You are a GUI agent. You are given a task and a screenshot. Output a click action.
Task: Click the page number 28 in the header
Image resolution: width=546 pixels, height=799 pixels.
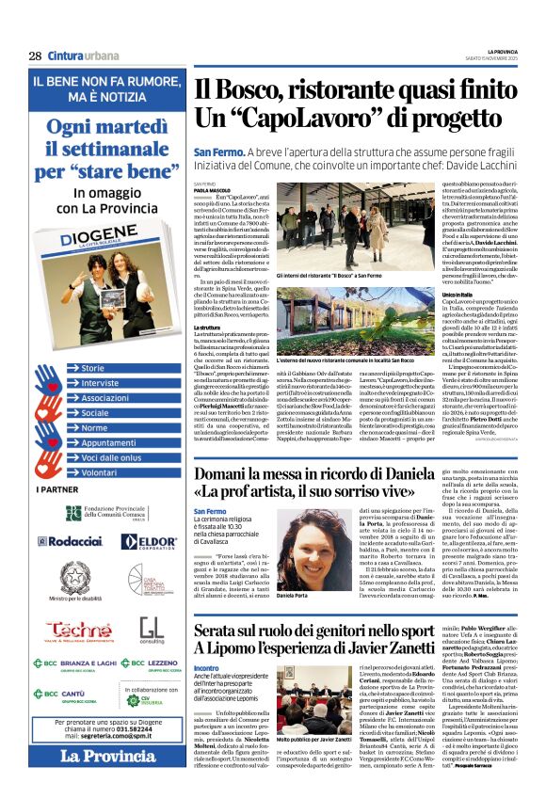[x=35, y=56]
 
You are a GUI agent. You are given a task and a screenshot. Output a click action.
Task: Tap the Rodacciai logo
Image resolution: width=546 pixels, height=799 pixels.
[x=69, y=543]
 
